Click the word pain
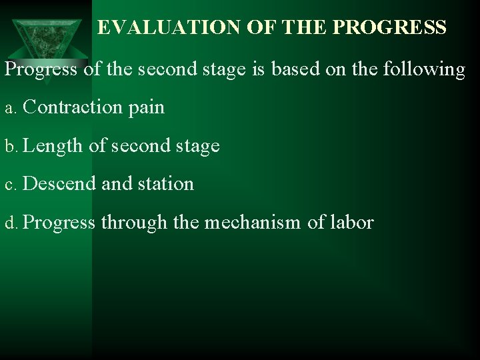pos(147,107)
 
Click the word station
pos(163,183)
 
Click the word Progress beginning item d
pos(59,222)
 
